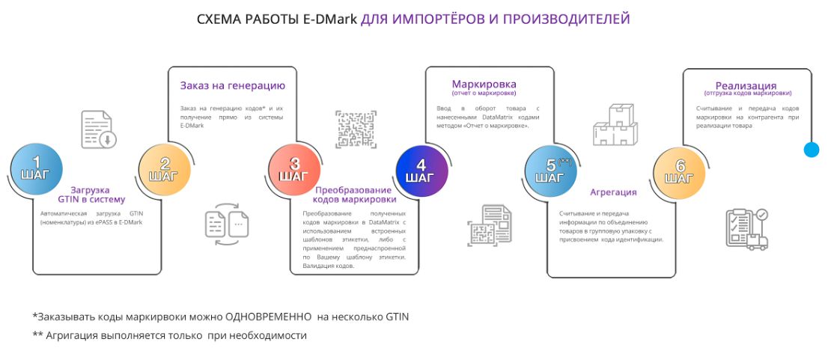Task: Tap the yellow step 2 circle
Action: point(164,171)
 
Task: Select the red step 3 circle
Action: point(293,171)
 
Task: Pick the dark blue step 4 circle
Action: point(421,172)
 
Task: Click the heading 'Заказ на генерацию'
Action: point(233,86)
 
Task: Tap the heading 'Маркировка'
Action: point(484,85)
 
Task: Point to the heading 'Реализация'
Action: point(746,85)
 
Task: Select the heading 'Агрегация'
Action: point(613,192)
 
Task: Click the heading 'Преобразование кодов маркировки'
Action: point(354,195)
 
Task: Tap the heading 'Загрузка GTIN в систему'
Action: point(91,195)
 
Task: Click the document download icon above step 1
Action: point(99,129)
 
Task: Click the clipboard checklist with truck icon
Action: point(746,229)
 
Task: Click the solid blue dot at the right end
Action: point(812,150)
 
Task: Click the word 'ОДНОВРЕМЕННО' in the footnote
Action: point(268,317)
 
